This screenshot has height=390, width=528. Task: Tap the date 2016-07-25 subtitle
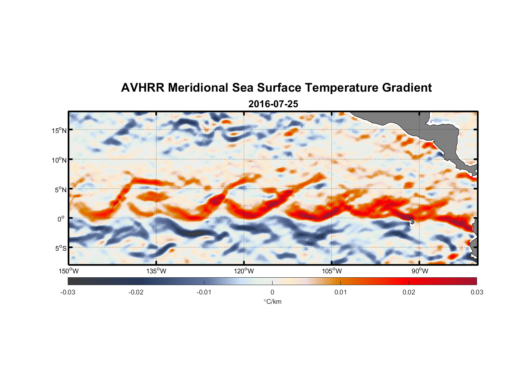pos(273,104)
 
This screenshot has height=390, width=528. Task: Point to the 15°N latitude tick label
pos(59,130)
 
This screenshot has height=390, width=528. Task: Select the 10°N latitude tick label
pos(59,160)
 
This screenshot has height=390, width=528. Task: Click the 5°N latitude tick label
pos(60,190)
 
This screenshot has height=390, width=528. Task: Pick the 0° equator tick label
pos(61,219)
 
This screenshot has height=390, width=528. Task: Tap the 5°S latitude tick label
pos(60,248)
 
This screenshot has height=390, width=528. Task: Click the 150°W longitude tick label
pos(69,271)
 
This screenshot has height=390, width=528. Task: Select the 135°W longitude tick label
pos(157,271)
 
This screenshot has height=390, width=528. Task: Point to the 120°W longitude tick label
pos(244,271)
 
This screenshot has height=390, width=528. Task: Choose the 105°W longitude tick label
pos(332,271)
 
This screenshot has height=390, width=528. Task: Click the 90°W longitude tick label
pos(420,271)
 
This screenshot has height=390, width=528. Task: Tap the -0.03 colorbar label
pos(68,292)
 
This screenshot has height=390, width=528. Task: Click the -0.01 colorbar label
pos(204,292)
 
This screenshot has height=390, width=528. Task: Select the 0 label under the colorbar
pos(272,292)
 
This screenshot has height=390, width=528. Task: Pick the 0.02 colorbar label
pos(409,292)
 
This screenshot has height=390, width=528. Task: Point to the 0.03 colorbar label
pos(477,292)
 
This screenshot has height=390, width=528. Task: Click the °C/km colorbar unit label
pos(272,301)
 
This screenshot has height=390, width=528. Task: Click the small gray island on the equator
pos(412,221)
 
